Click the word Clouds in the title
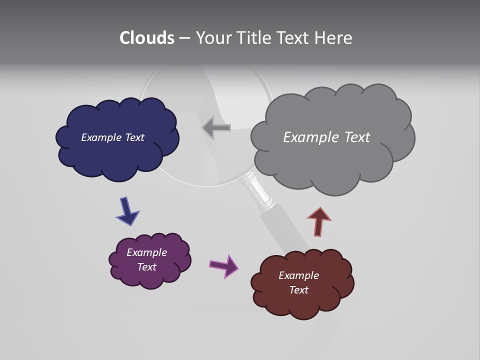[147, 38]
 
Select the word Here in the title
[334, 38]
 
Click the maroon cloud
[302, 302]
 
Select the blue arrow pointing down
[127, 210]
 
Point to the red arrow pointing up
[319, 221]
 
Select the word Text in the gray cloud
[353, 137]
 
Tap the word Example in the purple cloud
[146, 252]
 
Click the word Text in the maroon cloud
[298, 290]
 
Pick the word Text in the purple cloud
[146, 267]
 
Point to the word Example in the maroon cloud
[298, 275]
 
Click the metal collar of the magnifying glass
[257, 192]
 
